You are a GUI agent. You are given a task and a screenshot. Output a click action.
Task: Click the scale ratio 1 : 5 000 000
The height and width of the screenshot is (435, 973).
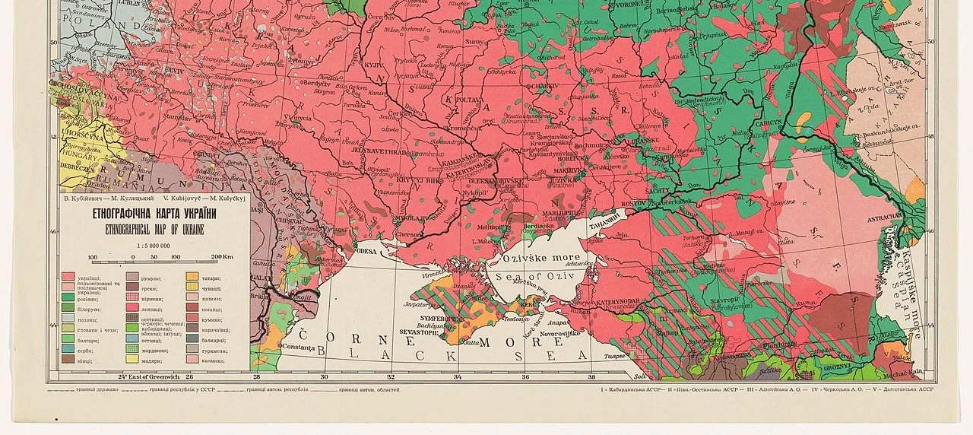point(153,246)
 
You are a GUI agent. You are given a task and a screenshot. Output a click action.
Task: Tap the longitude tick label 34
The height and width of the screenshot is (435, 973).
point(458,376)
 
